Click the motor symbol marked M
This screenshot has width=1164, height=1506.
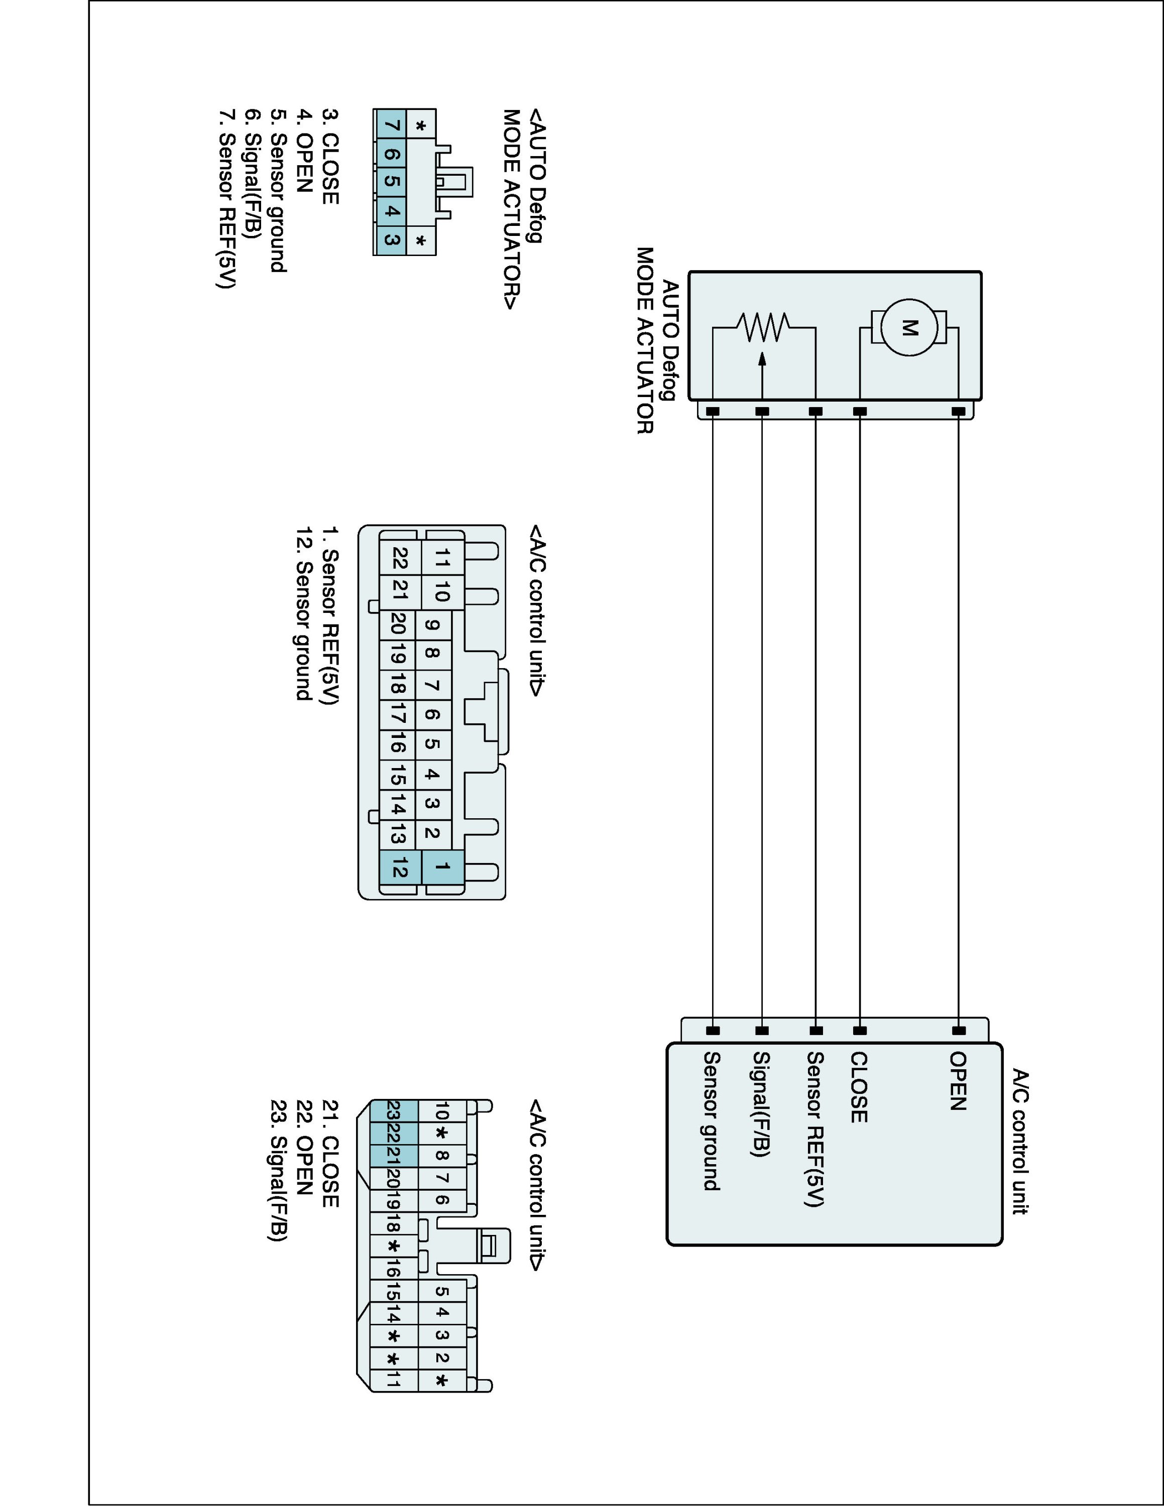pos(909,328)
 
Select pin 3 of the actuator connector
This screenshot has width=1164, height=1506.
pos(392,240)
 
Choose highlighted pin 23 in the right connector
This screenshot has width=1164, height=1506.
pos(394,1111)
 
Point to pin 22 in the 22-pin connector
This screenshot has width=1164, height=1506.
pos(399,557)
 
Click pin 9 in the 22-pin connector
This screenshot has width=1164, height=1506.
pos(432,626)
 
